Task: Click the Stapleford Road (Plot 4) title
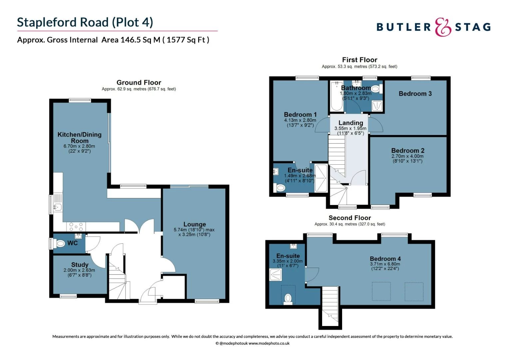click(85, 22)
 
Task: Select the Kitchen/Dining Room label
click(79, 137)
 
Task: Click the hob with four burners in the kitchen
click(76, 227)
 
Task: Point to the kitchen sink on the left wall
click(57, 207)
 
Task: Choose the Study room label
click(80, 265)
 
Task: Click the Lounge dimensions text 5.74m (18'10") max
click(194, 230)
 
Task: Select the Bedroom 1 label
click(300, 114)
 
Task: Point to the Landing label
click(351, 123)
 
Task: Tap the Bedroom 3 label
click(415, 94)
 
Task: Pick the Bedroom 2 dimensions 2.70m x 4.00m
click(407, 156)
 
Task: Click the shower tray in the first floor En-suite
click(321, 178)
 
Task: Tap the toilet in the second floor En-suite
click(288, 298)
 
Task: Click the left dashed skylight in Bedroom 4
click(381, 291)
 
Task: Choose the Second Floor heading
click(349, 218)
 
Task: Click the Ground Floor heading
click(139, 82)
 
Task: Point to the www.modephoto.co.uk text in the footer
click(269, 343)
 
